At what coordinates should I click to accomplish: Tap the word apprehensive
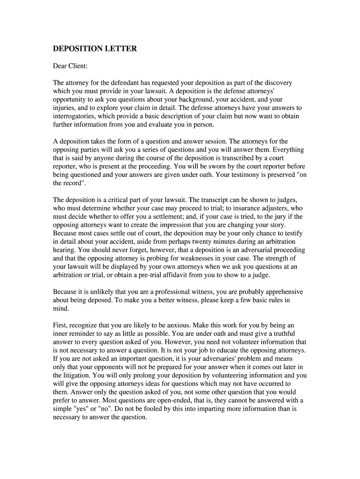tap(280, 291)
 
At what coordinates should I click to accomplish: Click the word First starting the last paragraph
tap(60, 325)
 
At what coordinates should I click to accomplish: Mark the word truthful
tap(292, 334)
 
